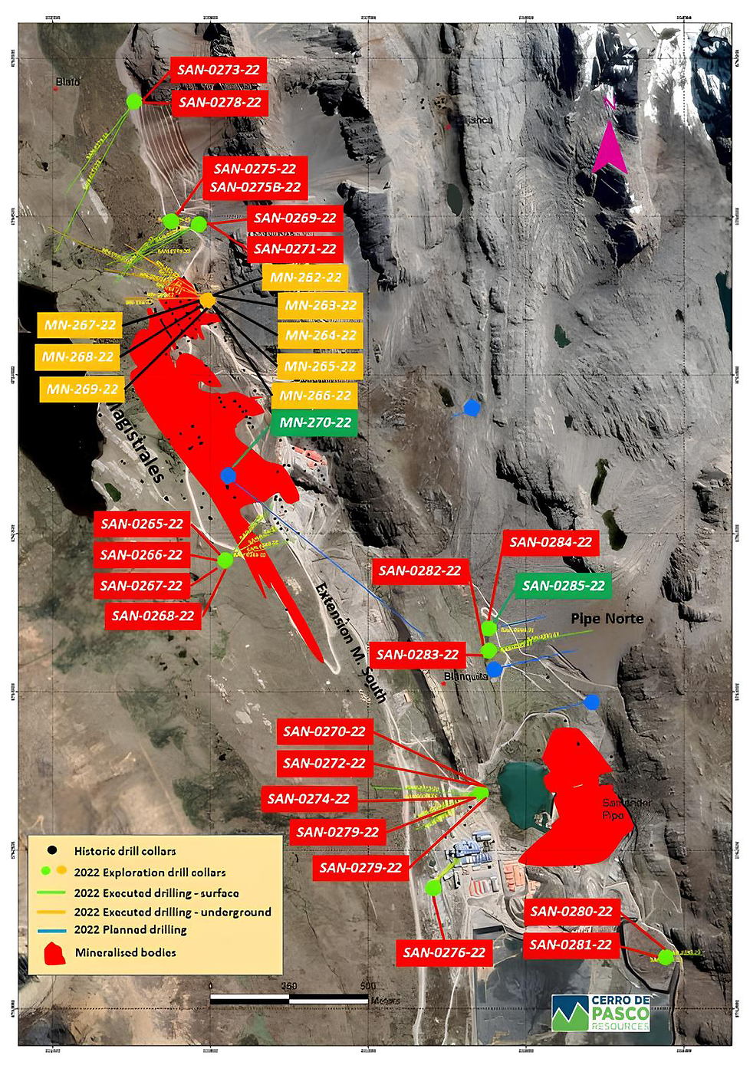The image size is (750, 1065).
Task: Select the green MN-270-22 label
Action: (x=315, y=422)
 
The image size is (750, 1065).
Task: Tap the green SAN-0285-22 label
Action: (x=564, y=587)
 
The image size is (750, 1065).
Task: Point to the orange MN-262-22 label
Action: (x=304, y=278)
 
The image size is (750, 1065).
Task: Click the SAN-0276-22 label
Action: (x=444, y=952)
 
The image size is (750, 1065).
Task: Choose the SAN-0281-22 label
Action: (x=571, y=945)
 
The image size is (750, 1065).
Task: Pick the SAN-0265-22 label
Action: (x=143, y=524)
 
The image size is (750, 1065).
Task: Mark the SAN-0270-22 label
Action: (x=324, y=731)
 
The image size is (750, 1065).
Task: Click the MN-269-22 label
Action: (x=82, y=389)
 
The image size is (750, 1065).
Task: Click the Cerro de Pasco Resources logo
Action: (x=602, y=1013)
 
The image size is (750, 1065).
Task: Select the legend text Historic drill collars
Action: (x=125, y=851)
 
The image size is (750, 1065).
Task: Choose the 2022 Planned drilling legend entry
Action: (x=130, y=930)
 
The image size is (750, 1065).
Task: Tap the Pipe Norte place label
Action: (x=607, y=619)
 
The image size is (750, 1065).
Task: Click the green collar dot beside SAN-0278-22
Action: (x=134, y=100)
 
